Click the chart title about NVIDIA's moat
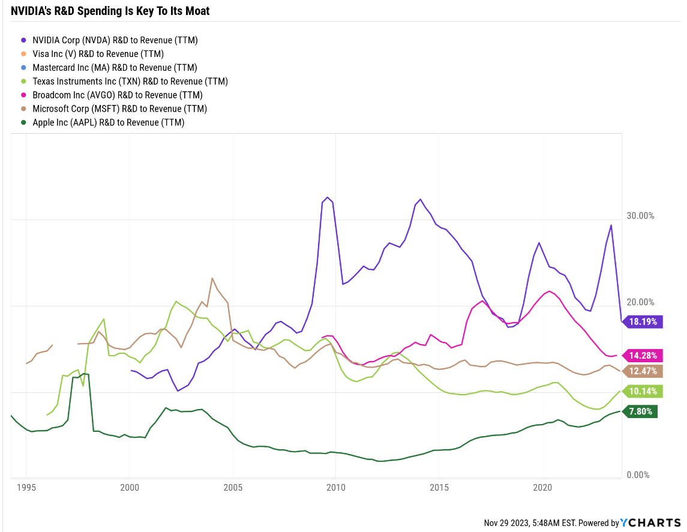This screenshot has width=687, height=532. click(110, 11)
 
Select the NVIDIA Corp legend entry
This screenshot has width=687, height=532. click(115, 40)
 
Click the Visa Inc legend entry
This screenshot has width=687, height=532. click(98, 54)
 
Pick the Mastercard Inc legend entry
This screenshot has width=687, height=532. click(115, 68)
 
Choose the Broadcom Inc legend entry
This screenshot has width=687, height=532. click(117, 95)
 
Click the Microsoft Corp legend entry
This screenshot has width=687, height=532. click(119, 109)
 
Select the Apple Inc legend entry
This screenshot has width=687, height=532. click(108, 123)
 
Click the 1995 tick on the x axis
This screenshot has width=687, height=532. click(26, 488)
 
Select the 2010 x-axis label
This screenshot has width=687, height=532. click(335, 488)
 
